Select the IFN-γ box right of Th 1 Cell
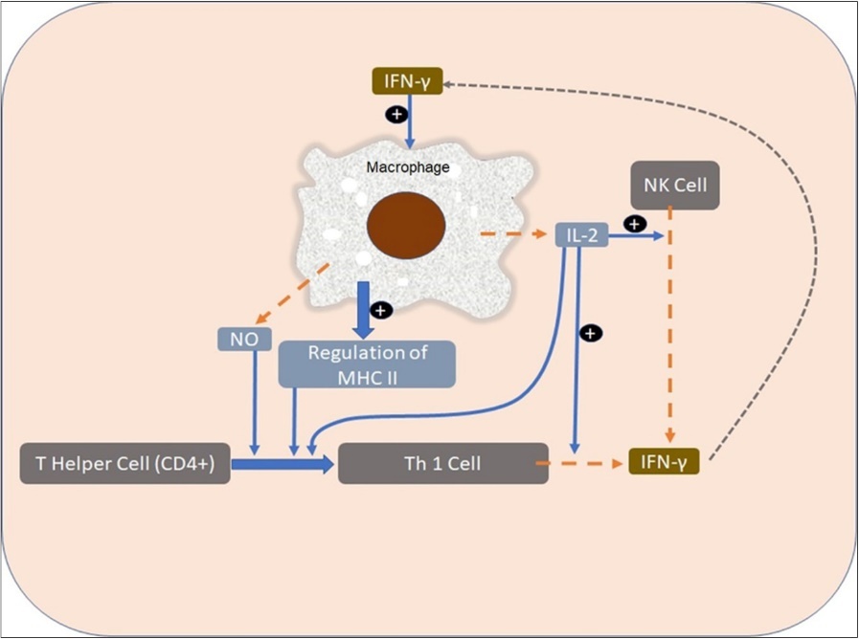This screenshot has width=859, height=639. (665, 463)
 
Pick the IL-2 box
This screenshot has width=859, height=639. (581, 234)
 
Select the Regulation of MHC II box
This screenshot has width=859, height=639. (366, 364)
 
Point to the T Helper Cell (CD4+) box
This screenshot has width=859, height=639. (125, 464)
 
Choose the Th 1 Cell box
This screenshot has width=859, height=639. (443, 464)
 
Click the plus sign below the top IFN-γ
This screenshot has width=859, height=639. (395, 114)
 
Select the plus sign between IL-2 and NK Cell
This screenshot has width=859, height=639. (632, 222)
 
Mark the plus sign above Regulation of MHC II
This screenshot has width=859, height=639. (381, 311)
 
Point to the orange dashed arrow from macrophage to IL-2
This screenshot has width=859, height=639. (511, 233)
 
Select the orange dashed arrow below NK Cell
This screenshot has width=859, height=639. (670, 325)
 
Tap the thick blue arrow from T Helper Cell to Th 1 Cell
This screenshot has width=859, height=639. (283, 464)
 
